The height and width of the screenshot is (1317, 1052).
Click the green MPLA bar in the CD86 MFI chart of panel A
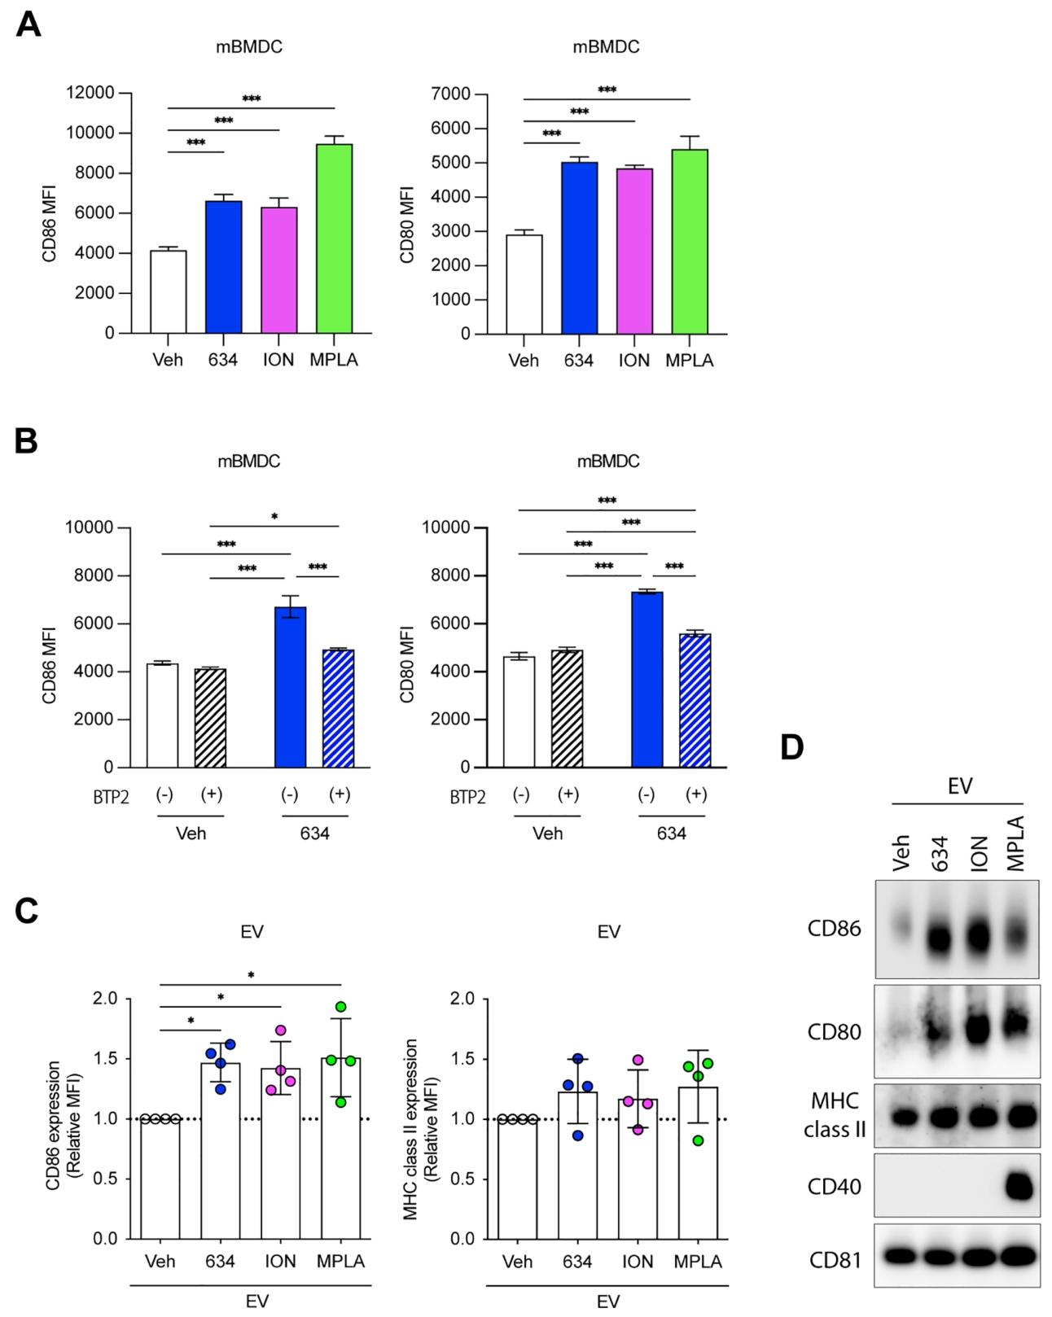(x=335, y=238)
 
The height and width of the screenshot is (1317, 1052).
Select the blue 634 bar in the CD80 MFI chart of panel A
(x=579, y=248)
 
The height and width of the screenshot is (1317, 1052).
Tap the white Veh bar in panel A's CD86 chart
(x=169, y=292)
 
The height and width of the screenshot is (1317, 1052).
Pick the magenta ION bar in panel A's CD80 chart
(x=634, y=251)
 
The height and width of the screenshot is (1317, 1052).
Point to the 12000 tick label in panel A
(x=90, y=93)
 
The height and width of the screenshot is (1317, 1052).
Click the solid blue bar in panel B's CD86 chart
(x=290, y=687)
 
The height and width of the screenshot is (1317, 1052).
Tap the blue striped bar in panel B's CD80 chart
(x=695, y=701)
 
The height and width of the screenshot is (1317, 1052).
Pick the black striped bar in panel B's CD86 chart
(x=211, y=718)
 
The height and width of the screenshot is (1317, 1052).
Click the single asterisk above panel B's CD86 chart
(x=274, y=517)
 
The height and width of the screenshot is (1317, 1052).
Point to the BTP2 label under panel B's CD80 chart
(x=468, y=798)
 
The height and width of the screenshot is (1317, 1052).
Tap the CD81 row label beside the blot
(x=835, y=1260)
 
